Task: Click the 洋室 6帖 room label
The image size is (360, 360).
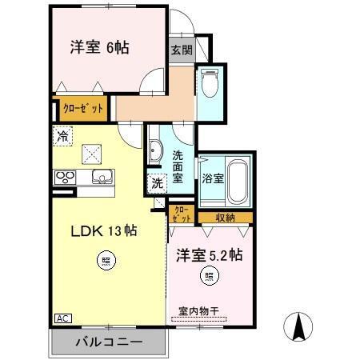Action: point(99,46)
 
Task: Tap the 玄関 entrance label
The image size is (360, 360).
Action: point(181,50)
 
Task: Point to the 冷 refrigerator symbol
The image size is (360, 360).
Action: point(62,136)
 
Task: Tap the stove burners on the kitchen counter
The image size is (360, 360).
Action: point(64,177)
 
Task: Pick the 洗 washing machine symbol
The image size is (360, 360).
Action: point(157,182)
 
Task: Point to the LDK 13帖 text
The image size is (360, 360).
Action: point(103,231)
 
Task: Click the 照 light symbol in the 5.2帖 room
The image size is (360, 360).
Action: point(208,277)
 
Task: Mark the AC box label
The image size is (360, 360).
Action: point(61,318)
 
